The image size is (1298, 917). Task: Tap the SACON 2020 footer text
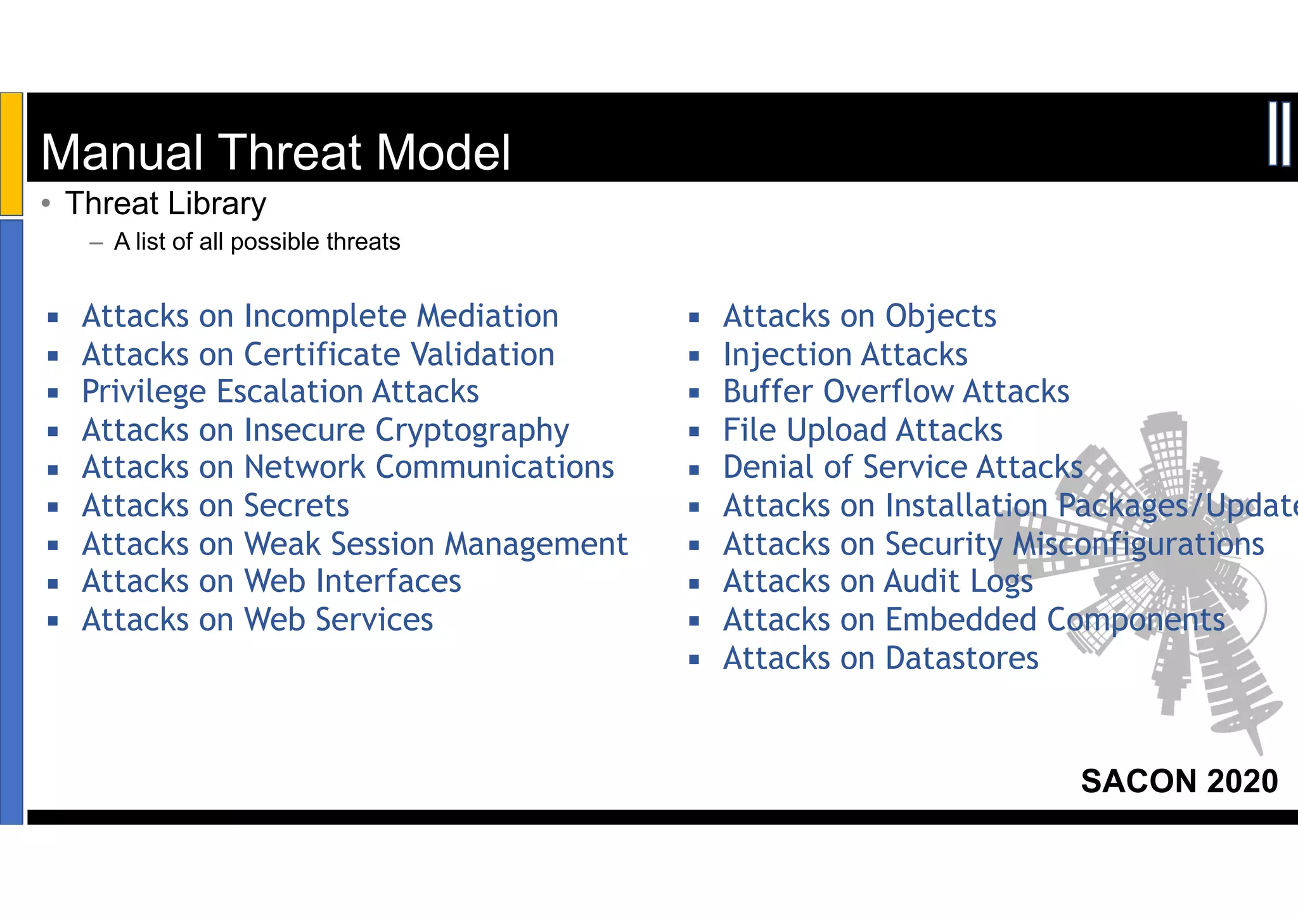point(1179,781)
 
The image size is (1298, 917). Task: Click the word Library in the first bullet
point(217,204)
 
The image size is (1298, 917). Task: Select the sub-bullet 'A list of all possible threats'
point(257,242)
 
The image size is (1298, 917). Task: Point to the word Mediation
point(487,316)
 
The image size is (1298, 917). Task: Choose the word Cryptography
point(472,431)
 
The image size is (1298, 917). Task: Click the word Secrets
point(296,506)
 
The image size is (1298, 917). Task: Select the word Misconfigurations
point(1138,544)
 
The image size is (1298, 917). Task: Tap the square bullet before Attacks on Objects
point(694,317)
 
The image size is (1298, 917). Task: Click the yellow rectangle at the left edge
point(11,153)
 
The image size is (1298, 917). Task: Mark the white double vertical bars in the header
point(1279,134)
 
